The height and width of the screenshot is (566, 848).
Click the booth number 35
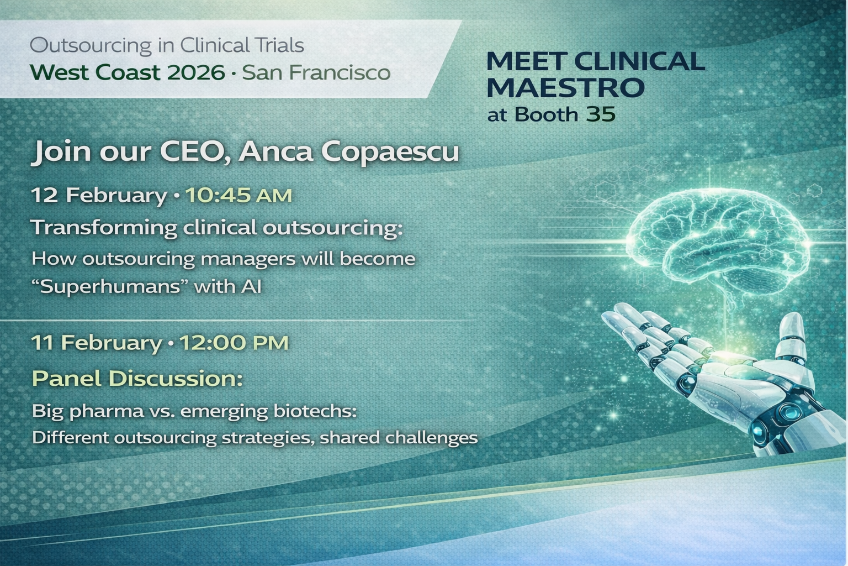[x=600, y=114]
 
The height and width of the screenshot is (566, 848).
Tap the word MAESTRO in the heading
[x=566, y=87]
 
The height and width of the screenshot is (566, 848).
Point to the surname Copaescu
[x=404, y=151]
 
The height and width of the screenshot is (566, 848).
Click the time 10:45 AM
[x=238, y=195]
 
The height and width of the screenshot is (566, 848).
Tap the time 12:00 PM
[x=234, y=343]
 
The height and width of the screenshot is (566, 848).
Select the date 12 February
[x=99, y=195]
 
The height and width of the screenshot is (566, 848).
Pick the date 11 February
[x=96, y=343]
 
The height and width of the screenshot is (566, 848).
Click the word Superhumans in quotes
[x=108, y=287]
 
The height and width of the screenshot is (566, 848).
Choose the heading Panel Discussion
[x=137, y=379]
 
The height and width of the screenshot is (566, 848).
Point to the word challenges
[x=431, y=438]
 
